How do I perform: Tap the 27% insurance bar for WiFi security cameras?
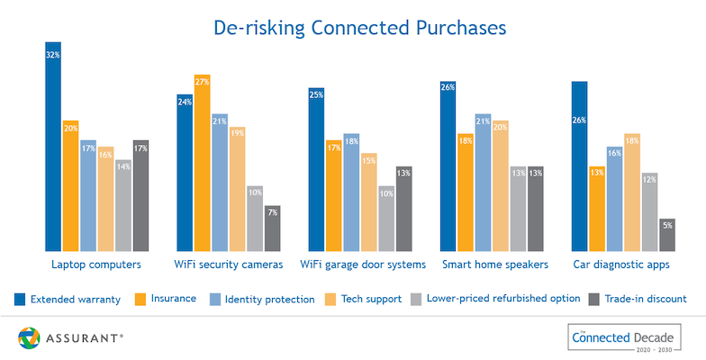(x=203, y=162)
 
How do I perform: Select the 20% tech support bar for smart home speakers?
(x=501, y=185)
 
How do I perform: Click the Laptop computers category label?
(x=96, y=265)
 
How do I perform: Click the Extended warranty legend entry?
(x=68, y=298)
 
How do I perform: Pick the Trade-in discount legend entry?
(x=637, y=298)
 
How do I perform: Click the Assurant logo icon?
(x=30, y=338)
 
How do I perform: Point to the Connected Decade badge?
(x=622, y=338)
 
